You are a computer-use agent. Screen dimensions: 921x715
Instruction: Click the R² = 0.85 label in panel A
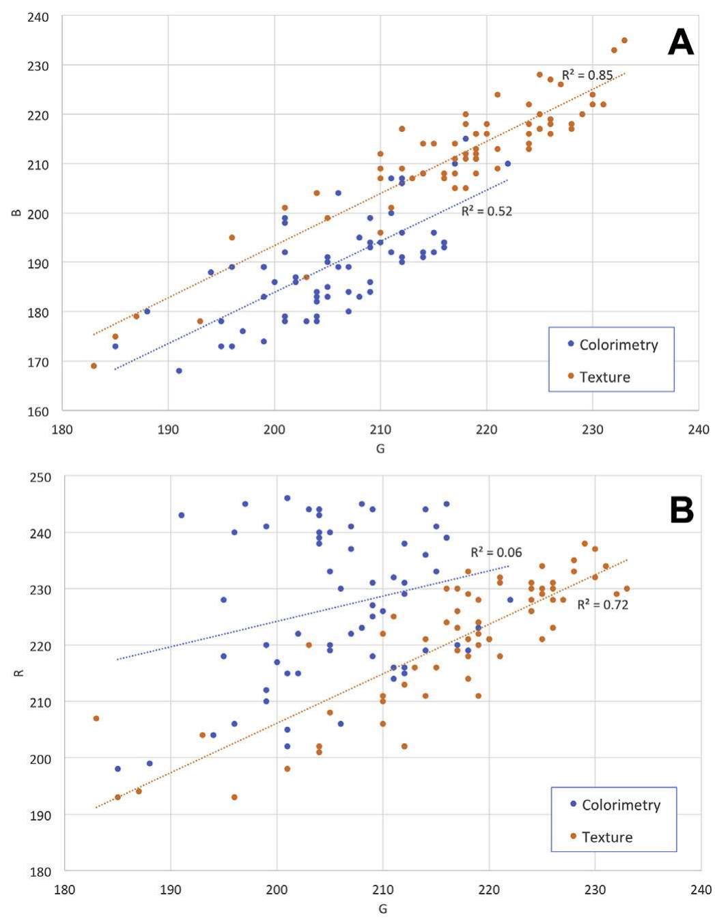(x=587, y=75)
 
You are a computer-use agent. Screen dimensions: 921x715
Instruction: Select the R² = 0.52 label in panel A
(x=486, y=211)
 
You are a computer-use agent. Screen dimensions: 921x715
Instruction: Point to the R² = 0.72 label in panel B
(x=602, y=604)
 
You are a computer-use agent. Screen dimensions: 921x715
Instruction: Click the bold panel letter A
(x=680, y=44)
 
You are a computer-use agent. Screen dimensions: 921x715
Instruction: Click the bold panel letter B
(x=682, y=510)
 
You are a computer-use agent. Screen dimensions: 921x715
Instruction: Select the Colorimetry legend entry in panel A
(x=617, y=345)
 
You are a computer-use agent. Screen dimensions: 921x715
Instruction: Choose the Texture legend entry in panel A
(x=604, y=377)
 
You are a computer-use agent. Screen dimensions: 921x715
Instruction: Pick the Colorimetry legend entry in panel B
(x=620, y=805)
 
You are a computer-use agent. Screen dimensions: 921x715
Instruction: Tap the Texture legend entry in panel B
(x=606, y=837)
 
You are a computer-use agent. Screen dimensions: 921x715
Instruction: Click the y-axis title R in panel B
(x=20, y=673)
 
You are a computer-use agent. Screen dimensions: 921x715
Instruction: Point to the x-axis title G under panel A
(x=380, y=449)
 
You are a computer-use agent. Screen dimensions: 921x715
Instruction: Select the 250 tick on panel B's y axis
(x=40, y=477)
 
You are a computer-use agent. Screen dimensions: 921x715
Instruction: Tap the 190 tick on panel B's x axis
(x=171, y=890)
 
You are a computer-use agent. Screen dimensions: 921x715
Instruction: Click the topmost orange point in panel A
(x=624, y=40)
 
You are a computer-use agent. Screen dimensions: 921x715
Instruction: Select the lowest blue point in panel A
(x=179, y=371)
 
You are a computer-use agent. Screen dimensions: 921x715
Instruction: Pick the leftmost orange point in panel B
(x=96, y=718)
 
